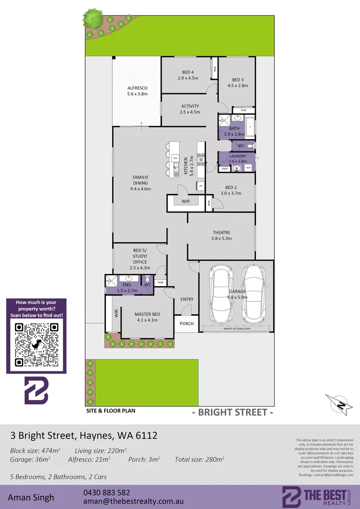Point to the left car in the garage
point(221,293)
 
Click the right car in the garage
point(254,293)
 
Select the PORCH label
point(186,323)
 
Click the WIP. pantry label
point(185,202)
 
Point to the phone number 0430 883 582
point(106,492)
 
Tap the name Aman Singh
point(31,497)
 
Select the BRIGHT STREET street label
point(233,412)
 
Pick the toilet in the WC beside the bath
point(252,146)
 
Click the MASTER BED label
point(147,317)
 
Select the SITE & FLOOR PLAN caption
point(111,410)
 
